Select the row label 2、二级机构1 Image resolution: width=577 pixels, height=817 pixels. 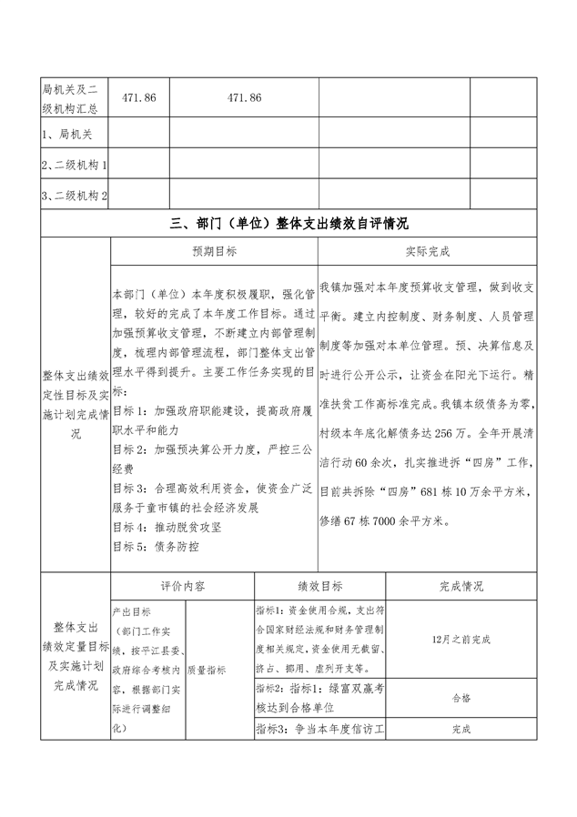76,165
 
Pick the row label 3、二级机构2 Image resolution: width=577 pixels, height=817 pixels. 76,196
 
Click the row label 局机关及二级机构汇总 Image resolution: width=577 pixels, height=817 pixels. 76,97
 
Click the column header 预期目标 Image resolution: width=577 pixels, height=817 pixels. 214,251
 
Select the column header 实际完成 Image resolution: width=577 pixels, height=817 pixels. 427,251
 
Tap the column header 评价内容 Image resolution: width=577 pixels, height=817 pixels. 182,587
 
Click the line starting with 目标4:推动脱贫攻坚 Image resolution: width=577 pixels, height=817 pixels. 166,527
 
